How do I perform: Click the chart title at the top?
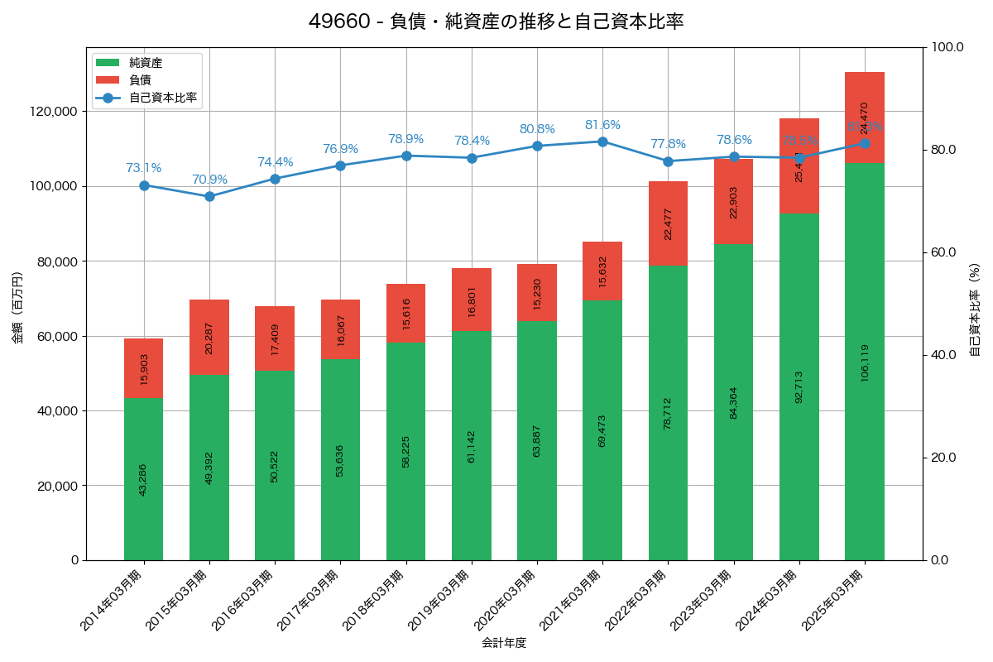(496, 22)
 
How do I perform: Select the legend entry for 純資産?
(146, 63)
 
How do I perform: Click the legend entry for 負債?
(140, 80)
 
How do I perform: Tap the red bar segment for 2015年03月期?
(209, 338)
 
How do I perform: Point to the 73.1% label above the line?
(144, 168)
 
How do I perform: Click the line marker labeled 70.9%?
(209, 196)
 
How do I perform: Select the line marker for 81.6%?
(602, 142)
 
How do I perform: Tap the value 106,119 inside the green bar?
(865, 362)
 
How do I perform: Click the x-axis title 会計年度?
(504, 642)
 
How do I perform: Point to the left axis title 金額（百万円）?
(17, 307)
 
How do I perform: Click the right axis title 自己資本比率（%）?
(974, 309)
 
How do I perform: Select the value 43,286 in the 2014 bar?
(144, 479)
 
